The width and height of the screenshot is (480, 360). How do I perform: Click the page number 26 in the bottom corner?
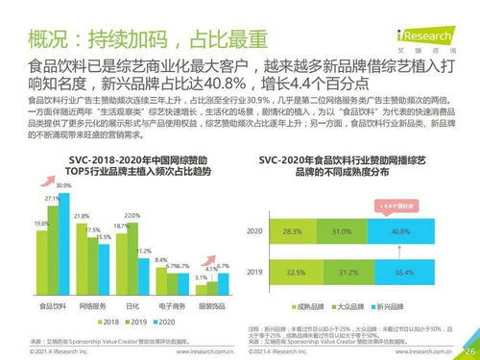click(468, 350)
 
